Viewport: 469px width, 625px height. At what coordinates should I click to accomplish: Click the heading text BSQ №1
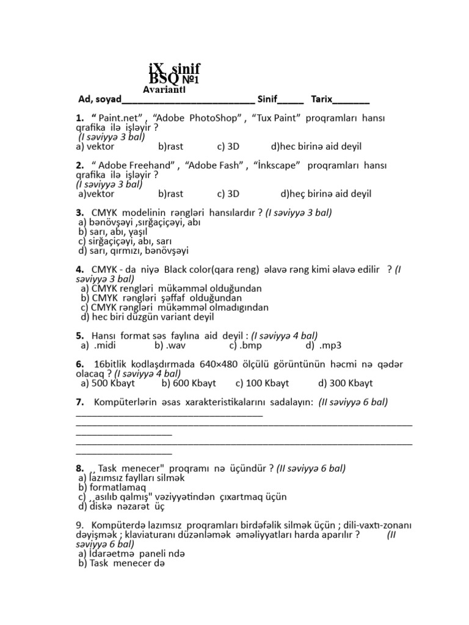click(175, 79)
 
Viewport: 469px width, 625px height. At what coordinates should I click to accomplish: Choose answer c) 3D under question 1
click(228, 146)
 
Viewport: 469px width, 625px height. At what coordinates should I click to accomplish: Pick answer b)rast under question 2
click(170, 194)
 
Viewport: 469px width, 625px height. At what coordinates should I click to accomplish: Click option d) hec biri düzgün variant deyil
click(147, 317)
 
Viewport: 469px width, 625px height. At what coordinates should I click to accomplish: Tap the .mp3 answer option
click(319, 345)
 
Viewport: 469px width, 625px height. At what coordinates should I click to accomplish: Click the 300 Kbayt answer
click(345, 383)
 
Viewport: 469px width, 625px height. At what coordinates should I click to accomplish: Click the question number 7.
click(80, 402)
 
